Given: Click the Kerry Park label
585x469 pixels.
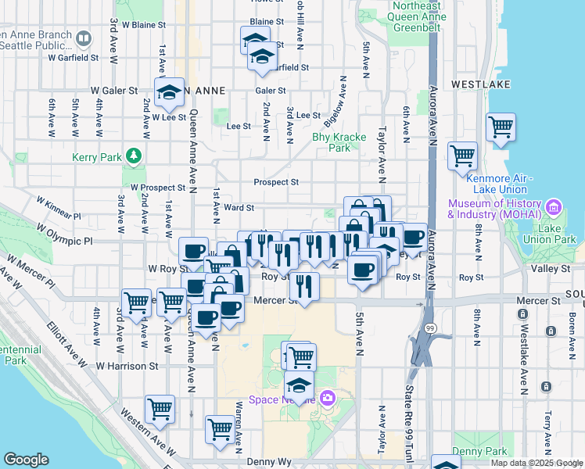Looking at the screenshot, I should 96,157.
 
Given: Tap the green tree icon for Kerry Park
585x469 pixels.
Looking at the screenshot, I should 135,156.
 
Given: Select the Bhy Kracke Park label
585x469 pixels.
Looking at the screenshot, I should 339,141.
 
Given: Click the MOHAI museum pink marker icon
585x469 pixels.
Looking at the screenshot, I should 554,207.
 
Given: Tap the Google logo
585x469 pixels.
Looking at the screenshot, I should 26,460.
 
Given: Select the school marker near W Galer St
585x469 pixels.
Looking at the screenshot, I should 169,93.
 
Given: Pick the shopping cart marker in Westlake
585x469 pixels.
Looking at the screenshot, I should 501,126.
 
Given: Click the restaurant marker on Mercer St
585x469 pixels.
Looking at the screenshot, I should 304,285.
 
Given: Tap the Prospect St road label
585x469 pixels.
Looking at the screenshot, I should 276,182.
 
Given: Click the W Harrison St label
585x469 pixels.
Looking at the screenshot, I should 127,365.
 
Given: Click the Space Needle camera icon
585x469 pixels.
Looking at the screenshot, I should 327,399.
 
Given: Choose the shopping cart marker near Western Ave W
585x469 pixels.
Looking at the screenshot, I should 160,408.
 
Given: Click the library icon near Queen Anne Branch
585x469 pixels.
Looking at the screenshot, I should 84,38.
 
